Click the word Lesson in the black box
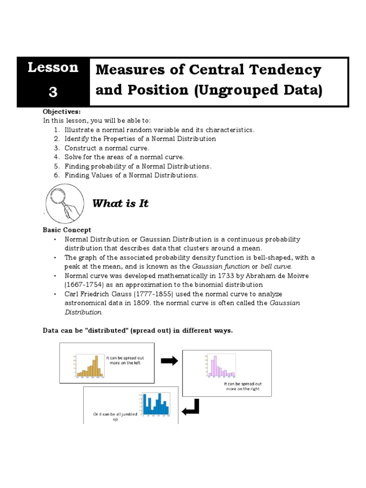[53, 68]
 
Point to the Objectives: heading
[60, 112]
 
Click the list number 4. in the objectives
[57, 157]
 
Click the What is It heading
[120, 203]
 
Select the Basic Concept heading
[67, 230]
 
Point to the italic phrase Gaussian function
[214, 266]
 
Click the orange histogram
[89, 366]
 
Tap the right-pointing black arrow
[169, 361]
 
